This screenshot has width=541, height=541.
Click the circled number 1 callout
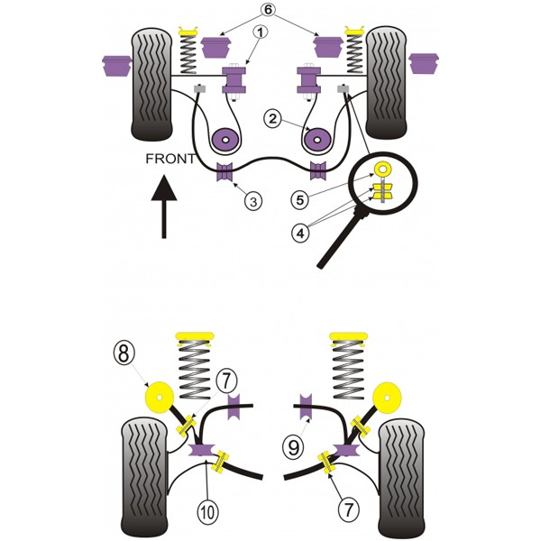pyautogui.click(x=261, y=32)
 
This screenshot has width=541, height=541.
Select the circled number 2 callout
pyautogui.click(x=272, y=119)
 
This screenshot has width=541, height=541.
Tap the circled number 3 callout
pyautogui.click(x=253, y=201)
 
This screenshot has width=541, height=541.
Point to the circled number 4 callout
pyautogui.click(x=300, y=234)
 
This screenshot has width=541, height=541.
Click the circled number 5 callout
pyautogui.click(x=299, y=200)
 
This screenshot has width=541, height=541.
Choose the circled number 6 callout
pyautogui.click(x=268, y=10)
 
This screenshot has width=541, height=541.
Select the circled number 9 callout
pyautogui.click(x=293, y=447)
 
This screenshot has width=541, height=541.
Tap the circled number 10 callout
pyautogui.click(x=208, y=512)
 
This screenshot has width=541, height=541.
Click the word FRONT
pyautogui.click(x=170, y=159)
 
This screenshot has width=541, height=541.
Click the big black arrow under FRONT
pyautogui.click(x=164, y=206)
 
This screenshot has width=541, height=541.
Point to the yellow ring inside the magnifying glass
pyautogui.click(x=382, y=170)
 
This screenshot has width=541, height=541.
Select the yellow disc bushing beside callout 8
pyautogui.click(x=158, y=397)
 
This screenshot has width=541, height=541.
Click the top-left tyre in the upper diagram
pyautogui.click(x=151, y=84)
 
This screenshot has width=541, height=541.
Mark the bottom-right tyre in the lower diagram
pyautogui.click(x=401, y=481)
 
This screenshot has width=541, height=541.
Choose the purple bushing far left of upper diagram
pyautogui.click(x=117, y=66)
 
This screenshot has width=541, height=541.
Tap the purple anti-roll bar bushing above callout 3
pyautogui.click(x=225, y=171)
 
